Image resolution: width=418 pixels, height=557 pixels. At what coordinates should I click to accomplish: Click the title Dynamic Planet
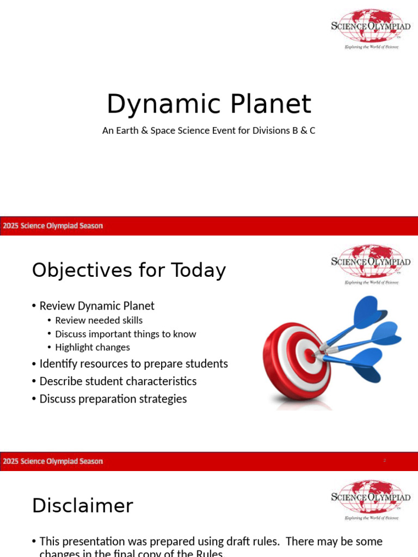(x=208, y=104)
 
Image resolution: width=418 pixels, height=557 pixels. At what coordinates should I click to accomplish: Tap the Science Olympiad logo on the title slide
(x=371, y=28)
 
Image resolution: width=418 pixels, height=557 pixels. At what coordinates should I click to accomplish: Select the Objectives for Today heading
(x=128, y=270)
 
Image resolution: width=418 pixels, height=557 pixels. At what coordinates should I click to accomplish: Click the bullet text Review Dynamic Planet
(x=97, y=306)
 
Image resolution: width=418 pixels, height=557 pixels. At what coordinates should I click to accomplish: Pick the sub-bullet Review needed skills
(x=99, y=320)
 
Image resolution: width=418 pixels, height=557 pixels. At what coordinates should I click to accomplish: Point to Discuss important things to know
(x=125, y=334)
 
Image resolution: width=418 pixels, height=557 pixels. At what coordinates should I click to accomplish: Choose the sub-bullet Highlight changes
(x=93, y=347)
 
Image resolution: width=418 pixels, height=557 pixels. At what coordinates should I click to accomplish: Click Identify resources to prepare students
(x=133, y=363)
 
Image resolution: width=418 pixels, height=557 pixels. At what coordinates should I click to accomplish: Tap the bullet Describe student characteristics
(x=118, y=381)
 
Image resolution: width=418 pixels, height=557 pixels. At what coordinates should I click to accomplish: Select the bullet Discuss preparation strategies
(x=113, y=399)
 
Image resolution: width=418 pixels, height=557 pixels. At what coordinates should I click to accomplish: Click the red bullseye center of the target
(x=309, y=356)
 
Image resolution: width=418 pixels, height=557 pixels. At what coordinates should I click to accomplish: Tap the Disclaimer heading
(x=82, y=506)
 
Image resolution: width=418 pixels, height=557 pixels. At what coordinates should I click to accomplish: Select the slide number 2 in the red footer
(x=384, y=461)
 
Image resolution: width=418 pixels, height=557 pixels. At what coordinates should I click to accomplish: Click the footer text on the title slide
(x=53, y=226)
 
